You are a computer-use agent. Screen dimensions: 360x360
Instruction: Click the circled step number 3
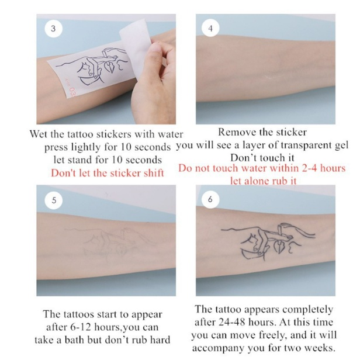[54, 29]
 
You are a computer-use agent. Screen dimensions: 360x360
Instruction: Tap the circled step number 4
[210, 28]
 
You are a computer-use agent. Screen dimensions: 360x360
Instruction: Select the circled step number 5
[54, 200]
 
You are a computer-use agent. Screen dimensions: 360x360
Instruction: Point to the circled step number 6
[210, 199]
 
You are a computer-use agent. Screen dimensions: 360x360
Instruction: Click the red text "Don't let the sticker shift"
[108, 173]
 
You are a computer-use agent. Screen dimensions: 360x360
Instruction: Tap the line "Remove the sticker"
[262, 132]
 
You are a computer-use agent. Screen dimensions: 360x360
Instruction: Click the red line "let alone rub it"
[264, 181]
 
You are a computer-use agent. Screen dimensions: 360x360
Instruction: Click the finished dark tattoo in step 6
[268, 241]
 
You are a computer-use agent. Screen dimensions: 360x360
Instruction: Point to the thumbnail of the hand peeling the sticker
[106, 69]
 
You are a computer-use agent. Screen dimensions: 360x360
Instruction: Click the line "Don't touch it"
[262, 158]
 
